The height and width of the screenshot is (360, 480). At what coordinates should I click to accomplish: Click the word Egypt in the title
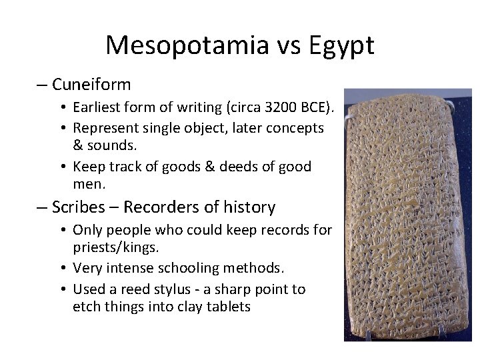[341, 45]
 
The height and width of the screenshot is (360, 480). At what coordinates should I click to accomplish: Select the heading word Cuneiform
[91, 85]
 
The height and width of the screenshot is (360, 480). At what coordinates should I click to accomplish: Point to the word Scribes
[79, 207]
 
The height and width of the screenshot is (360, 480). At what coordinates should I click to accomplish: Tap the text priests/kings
[115, 247]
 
